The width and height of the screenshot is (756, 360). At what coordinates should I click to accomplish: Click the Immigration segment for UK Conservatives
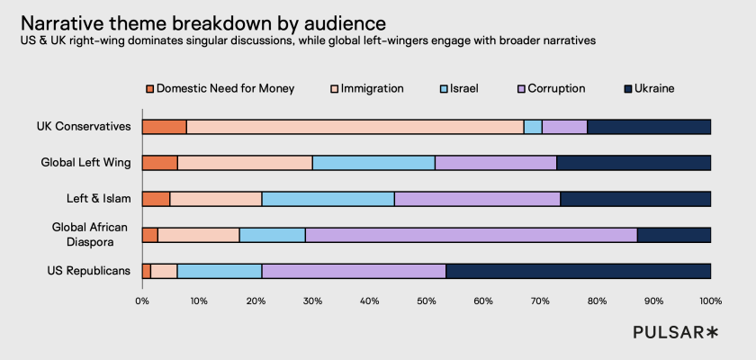355,127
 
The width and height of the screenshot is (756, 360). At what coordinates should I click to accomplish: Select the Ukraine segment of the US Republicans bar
578,271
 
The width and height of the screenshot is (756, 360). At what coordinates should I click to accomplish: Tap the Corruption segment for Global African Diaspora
471,235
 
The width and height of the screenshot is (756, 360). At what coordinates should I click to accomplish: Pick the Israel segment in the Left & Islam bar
328,199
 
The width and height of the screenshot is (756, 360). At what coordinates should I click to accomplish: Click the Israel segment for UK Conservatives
533,127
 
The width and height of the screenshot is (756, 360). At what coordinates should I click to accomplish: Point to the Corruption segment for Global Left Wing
495,163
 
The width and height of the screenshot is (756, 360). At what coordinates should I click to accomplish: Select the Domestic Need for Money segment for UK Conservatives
164,127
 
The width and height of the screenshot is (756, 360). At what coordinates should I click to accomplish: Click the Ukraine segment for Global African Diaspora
673,235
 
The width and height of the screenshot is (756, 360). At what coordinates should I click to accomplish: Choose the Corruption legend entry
552,88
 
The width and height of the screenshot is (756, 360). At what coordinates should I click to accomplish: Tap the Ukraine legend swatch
627,88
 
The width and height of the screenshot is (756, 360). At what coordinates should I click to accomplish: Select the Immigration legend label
372,88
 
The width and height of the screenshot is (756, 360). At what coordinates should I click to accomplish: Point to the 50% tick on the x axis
427,300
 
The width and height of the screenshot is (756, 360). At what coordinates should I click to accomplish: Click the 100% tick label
710,300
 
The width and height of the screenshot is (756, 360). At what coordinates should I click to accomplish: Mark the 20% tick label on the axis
256,300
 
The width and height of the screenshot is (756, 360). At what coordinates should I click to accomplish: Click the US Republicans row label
88,271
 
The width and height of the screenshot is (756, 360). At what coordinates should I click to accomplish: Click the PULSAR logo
675,333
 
